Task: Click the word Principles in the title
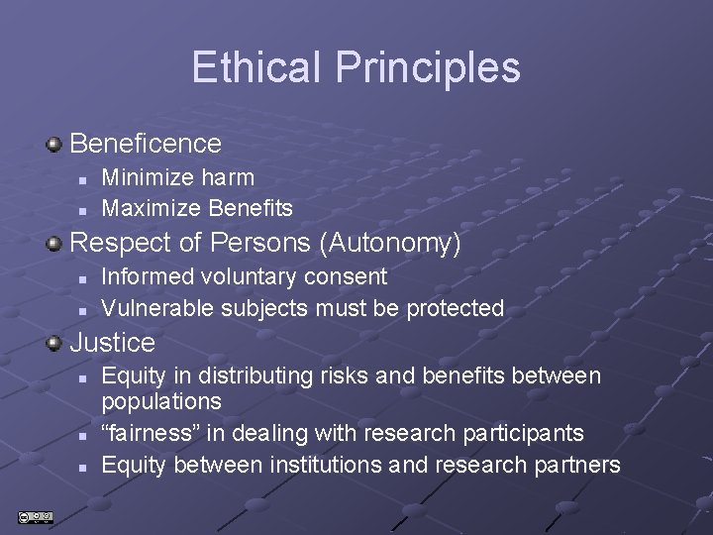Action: (428, 67)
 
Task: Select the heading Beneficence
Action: (146, 144)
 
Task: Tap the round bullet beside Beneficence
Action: (54, 145)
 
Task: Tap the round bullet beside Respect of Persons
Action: (54, 244)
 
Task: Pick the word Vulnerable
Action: (157, 308)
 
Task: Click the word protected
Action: (456, 308)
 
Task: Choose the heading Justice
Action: (112, 343)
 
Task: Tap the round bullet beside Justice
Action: (54, 344)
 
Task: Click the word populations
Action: (161, 402)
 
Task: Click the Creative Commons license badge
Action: (36, 516)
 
